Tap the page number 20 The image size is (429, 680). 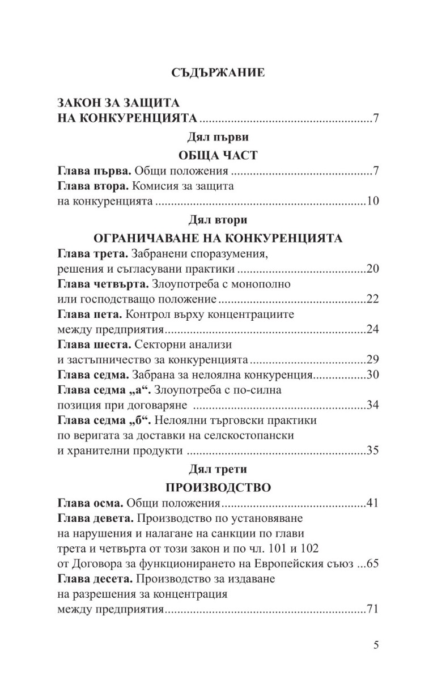pyautogui.click(x=372, y=268)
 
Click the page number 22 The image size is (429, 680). pyautogui.click(x=372, y=299)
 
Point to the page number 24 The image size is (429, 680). pyautogui.click(x=372, y=329)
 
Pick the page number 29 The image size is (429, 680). pyautogui.click(x=372, y=360)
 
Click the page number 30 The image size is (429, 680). pyautogui.click(x=372, y=375)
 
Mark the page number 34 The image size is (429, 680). pyautogui.click(x=372, y=406)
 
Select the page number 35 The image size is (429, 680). pyautogui.click(x=372, y=451)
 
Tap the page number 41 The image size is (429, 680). pyautogui.click(x=372, y=503)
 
